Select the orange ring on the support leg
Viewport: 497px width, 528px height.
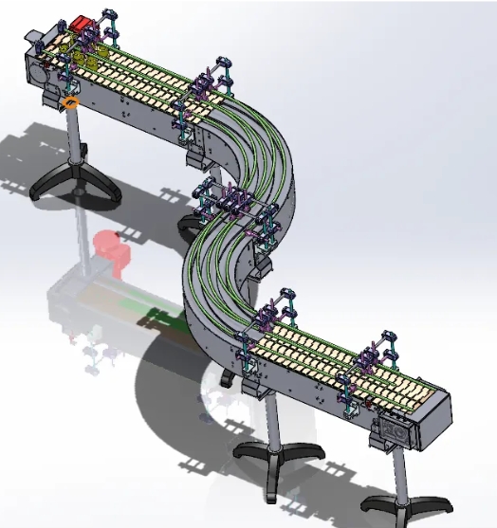pos(71,100)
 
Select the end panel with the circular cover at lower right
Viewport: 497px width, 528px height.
pos(399,431)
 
